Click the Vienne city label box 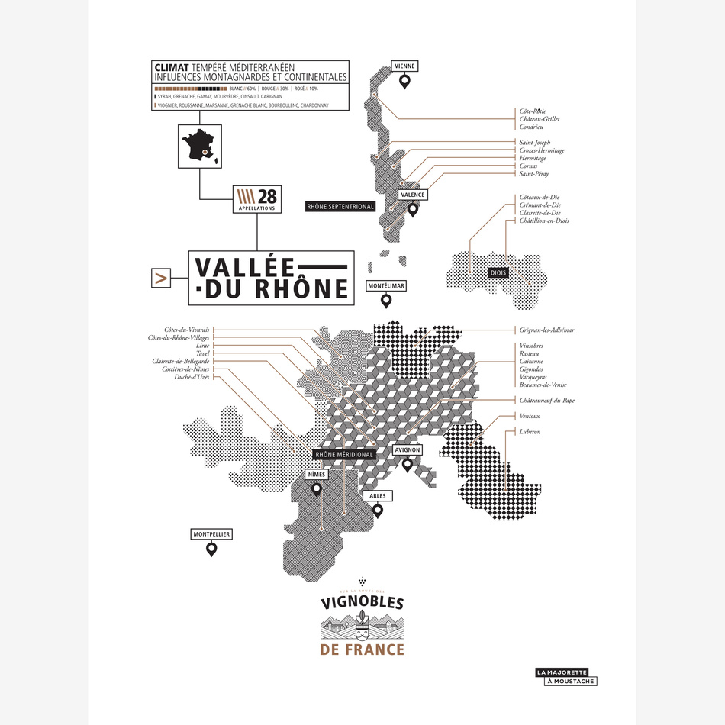tap(404, 66)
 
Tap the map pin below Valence tap(413, 209)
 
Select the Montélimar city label tap(386, 286)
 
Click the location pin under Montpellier tap(211, 549)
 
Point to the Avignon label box tap(407, 450)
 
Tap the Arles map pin tap(377, 511)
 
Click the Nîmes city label tap(316, 475)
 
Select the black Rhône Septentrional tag tap(340, 207)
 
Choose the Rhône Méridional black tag tap(344, 455)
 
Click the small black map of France tap(199, 146)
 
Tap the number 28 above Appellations tap(268, 195)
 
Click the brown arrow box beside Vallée tap(161, 279)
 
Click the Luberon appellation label tap(530, 432)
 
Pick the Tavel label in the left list tap(201, 353)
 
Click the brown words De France tap(362, 650)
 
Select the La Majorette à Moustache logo tap(565, 676)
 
